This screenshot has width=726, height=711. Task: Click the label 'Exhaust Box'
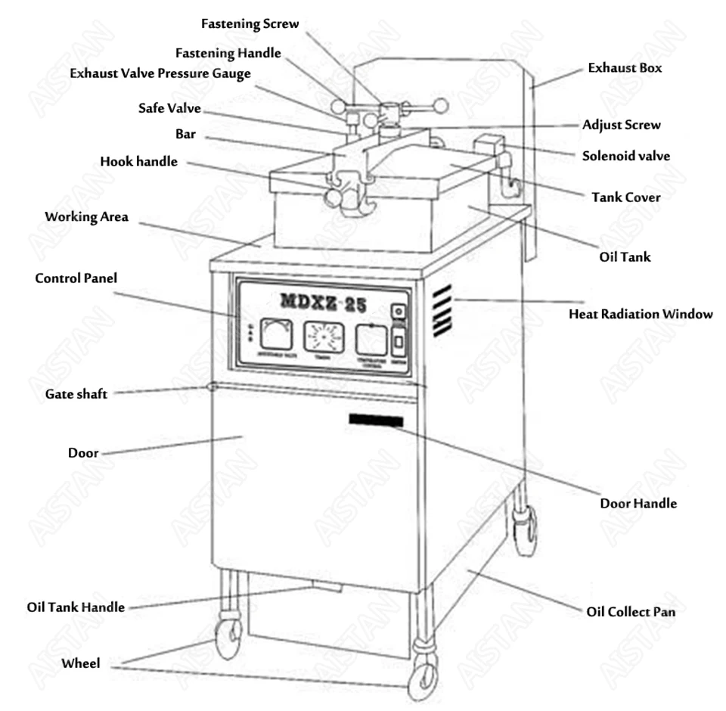point(625,68)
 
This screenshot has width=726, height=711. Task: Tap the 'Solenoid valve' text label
point(625,157)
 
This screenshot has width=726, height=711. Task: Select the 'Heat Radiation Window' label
point(640,313)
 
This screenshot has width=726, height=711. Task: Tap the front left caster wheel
point(227,638)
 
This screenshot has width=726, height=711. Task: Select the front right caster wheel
point(422,681)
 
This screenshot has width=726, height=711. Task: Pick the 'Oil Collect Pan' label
point(631,611)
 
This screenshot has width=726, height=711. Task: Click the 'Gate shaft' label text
point(76,394)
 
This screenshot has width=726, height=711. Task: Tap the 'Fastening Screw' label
point(250,24)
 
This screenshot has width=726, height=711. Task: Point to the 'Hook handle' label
point(138,161)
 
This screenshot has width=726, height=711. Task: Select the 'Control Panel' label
point(76,278)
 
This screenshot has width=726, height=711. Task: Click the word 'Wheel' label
point(80,663)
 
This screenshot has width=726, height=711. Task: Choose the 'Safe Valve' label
point(169,108)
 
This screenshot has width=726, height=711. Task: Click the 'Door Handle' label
point(638,503)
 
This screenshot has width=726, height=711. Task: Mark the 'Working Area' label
point(86,217)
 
